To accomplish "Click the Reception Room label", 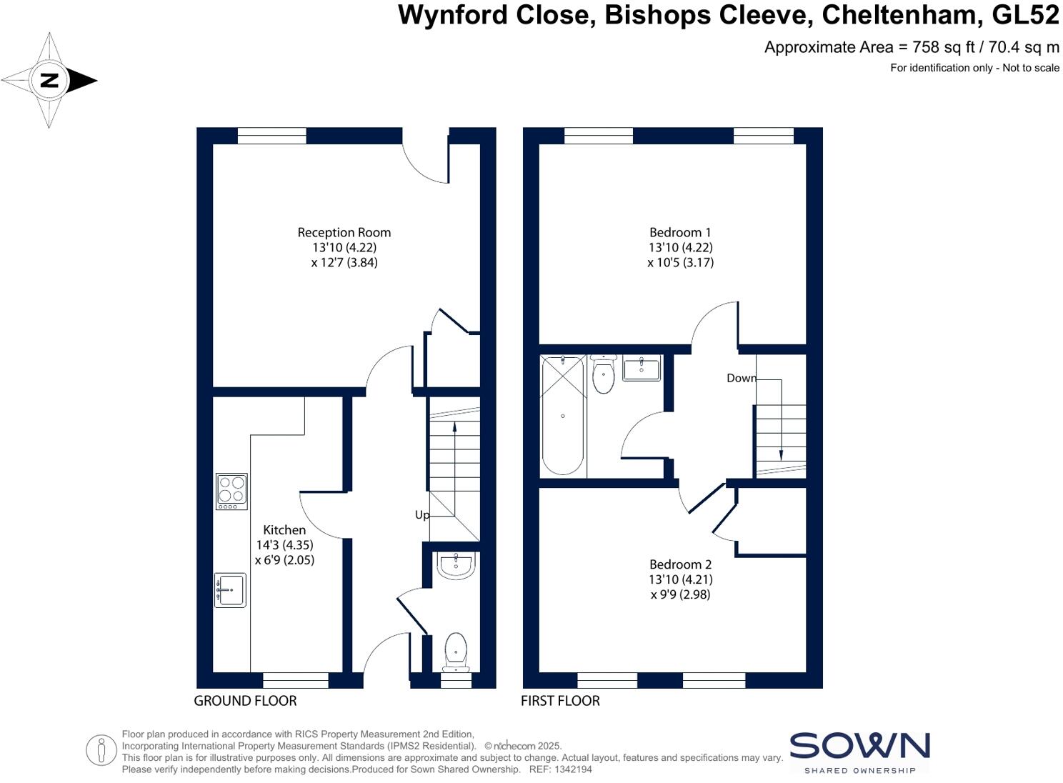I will click(x=344, y=233).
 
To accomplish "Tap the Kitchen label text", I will click(x=284, y=530).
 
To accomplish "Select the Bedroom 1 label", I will click(x=680, y=233).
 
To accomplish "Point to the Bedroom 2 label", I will click(x=680, y=565).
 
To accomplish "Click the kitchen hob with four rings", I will click(x=231, y=492).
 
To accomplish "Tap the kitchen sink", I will click(x=230, y=590).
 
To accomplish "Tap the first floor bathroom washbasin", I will click(x=642, y=369).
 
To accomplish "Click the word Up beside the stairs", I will click(x=422, y=515).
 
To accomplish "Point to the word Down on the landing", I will click(x=741, y=378).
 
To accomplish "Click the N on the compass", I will click(x=49, y=80).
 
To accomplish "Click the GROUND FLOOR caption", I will click(x=245, y=701).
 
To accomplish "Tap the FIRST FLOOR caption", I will click(x=560, y=701).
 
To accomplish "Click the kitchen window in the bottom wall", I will click(x=296, y=680).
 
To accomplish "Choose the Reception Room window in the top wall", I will click(x=271, y=136).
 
